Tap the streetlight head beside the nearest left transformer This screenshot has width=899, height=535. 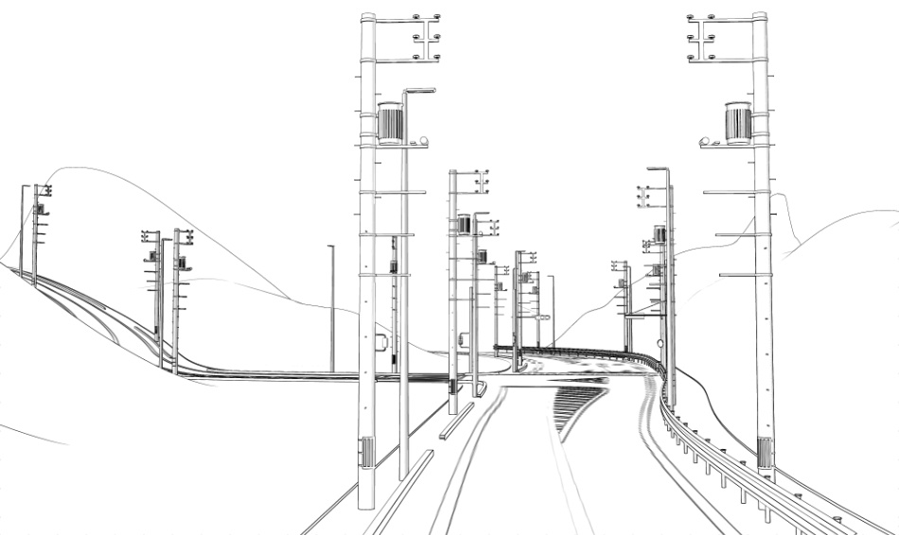pyautogui.click(x=420, y=91)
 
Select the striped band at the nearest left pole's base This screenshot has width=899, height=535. pyautogui.click(x=366, y=452)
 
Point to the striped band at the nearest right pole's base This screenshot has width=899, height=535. pyautogui.click(x=765, y=453)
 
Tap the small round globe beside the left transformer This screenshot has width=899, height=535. pyautogui.click(x=423, y=141)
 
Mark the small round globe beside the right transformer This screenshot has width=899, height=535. pyautogui.click(x=704, y=142)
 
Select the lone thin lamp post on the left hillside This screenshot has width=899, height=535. pyautogui.click(x=332, y=307)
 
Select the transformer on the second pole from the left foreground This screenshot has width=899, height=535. pyautogui.click(x=464, y=224)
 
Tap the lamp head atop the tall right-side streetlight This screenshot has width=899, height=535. pyautogui.click(x=658, y=169)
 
